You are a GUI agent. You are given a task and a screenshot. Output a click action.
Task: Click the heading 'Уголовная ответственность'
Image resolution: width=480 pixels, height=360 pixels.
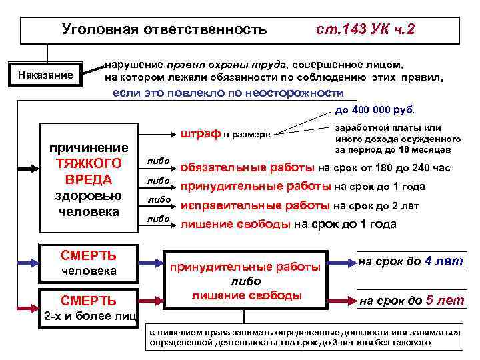164,29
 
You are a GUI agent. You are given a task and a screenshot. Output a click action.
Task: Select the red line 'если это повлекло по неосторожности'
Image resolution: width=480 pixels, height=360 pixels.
228,93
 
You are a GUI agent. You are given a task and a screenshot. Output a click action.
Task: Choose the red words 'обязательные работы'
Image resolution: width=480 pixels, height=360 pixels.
248,167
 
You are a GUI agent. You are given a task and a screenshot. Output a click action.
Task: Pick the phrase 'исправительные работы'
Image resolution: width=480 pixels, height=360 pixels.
255,205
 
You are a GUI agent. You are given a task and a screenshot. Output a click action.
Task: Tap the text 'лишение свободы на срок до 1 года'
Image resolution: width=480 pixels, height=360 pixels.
289,224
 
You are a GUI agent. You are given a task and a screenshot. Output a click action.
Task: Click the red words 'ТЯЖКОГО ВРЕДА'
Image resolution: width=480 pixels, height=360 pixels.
88,171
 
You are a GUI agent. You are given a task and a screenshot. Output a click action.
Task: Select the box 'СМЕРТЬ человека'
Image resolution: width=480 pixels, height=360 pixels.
89,262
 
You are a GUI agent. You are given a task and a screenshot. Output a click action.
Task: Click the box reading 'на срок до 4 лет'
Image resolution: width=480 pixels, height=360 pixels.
411,261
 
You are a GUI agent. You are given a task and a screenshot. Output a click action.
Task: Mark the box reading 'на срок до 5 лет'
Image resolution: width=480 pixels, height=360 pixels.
411,301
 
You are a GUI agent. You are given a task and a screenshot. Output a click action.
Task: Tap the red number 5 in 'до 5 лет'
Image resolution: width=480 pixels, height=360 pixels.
430,301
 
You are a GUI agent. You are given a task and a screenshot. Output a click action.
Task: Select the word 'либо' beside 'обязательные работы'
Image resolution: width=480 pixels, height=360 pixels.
159,161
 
